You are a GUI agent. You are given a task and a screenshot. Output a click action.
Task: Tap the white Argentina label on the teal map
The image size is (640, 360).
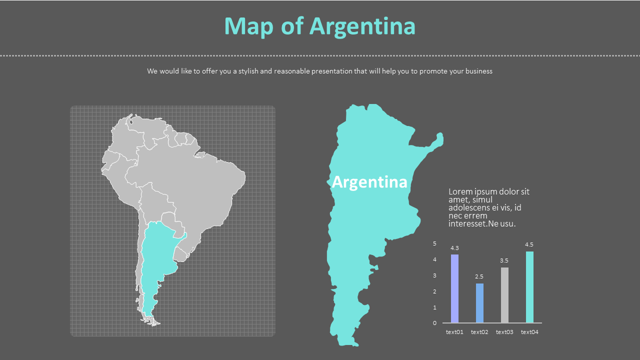[x=369, y=182]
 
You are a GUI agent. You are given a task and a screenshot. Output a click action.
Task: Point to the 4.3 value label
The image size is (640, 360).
[x=454, y=248]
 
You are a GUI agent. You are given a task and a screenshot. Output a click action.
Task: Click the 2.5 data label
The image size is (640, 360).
[x=479, y=276]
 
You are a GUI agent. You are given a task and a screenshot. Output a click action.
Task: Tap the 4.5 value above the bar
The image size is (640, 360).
[x=529, y=244]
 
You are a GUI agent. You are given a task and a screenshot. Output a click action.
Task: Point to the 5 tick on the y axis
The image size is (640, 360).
[x=434, y=243]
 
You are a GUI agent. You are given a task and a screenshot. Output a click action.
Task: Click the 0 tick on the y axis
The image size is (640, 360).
[x=434, y=323]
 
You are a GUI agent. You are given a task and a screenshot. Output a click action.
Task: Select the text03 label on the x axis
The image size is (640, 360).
[x=504, y=332]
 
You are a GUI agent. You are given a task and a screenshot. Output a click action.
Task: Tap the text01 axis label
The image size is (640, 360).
[x=454, y=332]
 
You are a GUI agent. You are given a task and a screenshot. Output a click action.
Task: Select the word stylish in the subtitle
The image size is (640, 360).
[x=248, y=71]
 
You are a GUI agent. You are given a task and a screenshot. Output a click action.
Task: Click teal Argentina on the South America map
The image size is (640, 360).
[x=152, y=260]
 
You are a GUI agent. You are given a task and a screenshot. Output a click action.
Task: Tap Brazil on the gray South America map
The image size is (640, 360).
[x=200, y=185]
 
